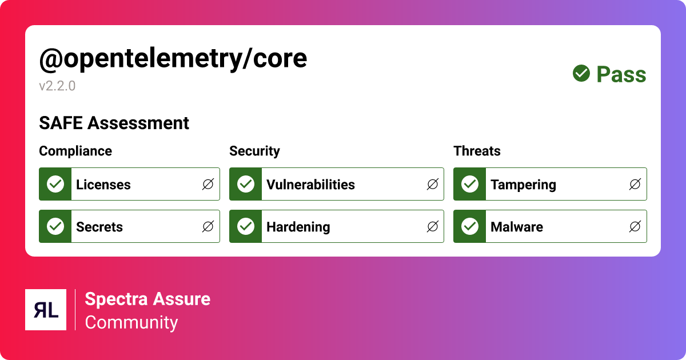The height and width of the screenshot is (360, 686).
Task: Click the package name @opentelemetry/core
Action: pyautogui.click(x=173, y=59)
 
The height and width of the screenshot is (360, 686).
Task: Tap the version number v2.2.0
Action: pyautogui.click(x=57, y=86)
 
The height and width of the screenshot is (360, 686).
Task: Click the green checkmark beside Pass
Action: pyautogui.click(x=581, y=74)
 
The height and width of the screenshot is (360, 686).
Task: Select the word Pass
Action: pyautogui.click(x=621, y=74)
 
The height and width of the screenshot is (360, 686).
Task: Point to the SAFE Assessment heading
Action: pyautogui.click(x=114, y=123)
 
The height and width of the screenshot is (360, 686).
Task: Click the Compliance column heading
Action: pyautogui.click(x=75, y=151)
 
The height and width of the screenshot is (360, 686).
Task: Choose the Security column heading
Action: pyautogui.click(x=254, y=151)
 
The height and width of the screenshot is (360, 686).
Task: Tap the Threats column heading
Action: pyautogui.click(x=477, y=151)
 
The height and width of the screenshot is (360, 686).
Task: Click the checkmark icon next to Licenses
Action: pyautogui.click(x=55, y=184)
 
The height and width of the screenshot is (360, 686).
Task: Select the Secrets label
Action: pyautogui.click(x=99, y=227)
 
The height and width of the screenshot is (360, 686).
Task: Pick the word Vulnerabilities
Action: pyautogui.click(x=310, y=185)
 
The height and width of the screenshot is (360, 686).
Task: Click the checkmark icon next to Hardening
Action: pyautogui.click(x=246, y=226)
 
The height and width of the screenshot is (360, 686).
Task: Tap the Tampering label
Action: pyautogui.click(x=523, y=185)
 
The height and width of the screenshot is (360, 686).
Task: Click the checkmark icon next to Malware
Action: pyautogui.click(x=470, y=226)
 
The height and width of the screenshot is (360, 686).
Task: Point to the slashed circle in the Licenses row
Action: pyautogui.click(x=208, y=184)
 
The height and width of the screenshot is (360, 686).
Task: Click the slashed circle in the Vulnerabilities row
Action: pyautogui.click(x=433, y=184)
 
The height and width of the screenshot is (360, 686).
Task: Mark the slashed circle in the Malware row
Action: pyautogui.click(x=635, y=226)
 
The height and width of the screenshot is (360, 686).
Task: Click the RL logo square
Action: pyautogui.click(x=46, y=310)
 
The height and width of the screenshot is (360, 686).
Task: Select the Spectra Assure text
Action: pyautogui.click(x=147, y=299)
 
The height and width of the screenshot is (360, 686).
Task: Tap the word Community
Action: pyautogui.click(x=131, y=322)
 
